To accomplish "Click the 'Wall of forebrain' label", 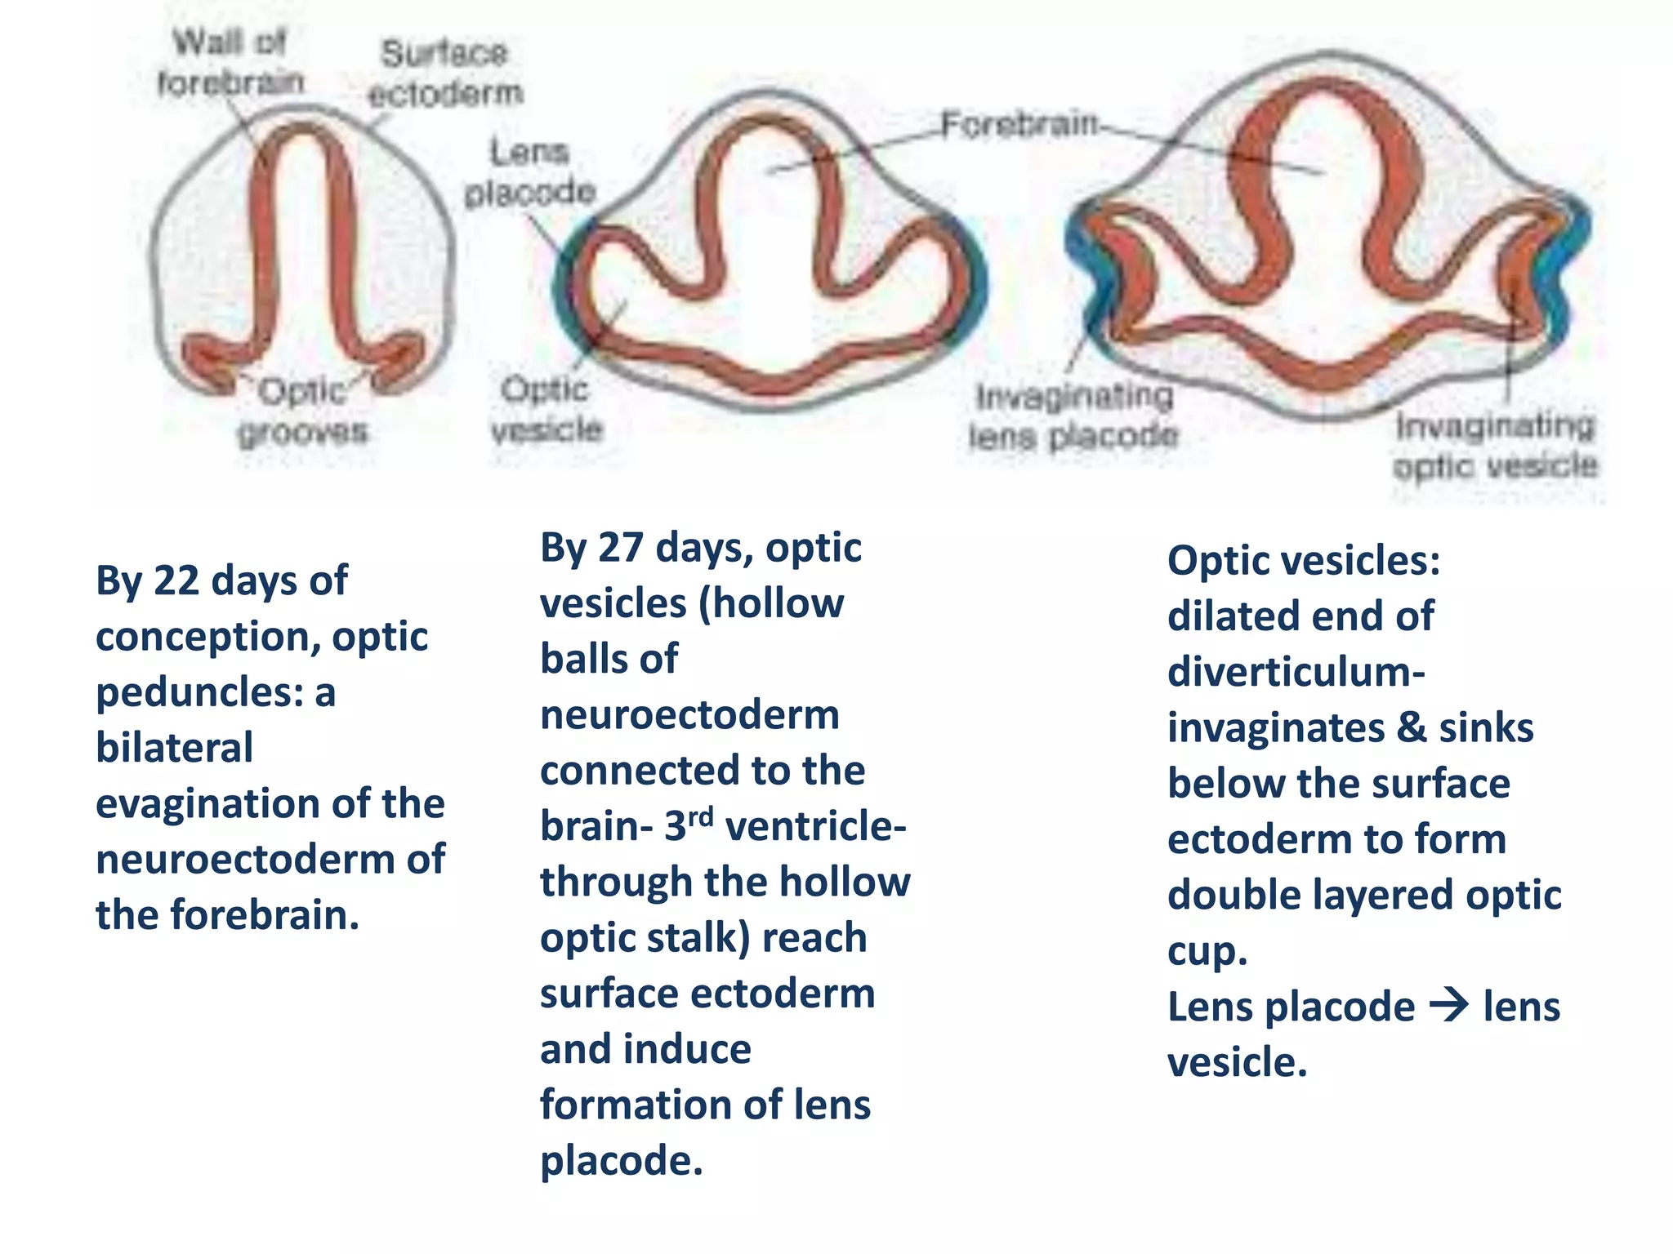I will coord(230,62).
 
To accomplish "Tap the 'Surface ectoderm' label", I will coord(445,73).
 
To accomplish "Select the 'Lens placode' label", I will coord(530,172).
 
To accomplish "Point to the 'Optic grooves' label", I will coord(302,411).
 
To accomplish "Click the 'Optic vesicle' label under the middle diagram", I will coord(547,408).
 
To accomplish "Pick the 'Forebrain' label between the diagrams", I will coord(1019,125).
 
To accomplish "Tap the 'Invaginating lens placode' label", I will coord(1073,416).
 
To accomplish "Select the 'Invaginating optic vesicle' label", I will coord(1495,446).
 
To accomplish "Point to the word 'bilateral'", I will coord(174,748).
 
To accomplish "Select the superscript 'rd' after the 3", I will coord(700,816).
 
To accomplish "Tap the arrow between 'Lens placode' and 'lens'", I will coord(1449,1006).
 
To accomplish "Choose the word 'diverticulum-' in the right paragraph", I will coord(1296,672).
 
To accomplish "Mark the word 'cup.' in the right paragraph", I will coord(1207,951).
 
